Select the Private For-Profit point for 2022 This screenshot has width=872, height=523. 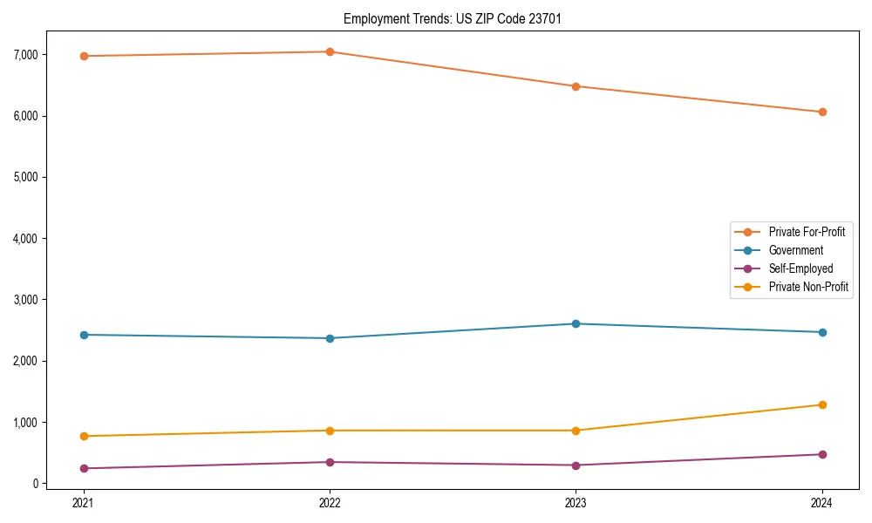330,51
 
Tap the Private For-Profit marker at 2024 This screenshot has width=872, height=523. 822,112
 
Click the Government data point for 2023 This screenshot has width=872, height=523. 576,323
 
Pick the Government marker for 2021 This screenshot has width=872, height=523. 84,335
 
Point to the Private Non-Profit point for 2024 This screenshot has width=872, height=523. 822,404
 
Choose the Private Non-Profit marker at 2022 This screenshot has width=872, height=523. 330,431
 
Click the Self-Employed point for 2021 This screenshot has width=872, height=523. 84,468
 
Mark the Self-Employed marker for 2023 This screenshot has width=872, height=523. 576,465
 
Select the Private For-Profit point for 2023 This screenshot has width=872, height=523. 576,86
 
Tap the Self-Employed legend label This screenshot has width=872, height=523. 800,268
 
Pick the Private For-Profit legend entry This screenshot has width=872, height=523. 807,232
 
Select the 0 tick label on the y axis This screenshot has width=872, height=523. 35,484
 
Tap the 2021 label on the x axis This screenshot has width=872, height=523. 84,502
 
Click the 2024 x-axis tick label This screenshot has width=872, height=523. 822,502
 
